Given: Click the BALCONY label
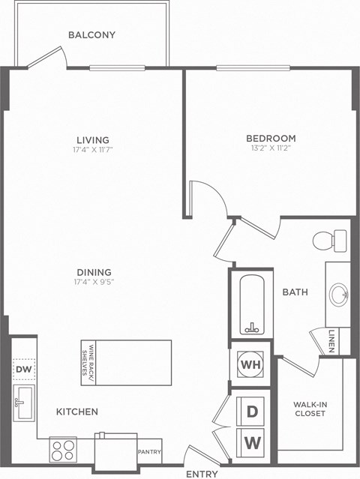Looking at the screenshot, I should click(91, 34).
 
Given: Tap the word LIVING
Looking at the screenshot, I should click(93, 139).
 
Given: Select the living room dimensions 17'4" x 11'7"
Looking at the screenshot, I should click(93, 150).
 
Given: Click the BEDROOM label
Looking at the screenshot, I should click(271, 138).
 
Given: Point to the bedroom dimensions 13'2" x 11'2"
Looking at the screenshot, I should click(271, 148).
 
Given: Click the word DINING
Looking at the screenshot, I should click(94, 272).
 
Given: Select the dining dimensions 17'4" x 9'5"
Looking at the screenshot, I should click(94, 283).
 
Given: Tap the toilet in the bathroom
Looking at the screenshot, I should click(328, 241).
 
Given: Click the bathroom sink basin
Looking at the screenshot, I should click(338, 292).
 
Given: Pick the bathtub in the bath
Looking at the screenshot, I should click(250, 305).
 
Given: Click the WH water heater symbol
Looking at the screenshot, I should click(250, 365).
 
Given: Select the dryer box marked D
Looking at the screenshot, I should click(253, 412).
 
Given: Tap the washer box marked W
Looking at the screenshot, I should click(253, 442).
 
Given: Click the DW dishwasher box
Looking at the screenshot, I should click(23, 370).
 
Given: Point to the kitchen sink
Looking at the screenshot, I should click(23, 403).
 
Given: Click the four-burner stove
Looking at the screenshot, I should click(62, 450).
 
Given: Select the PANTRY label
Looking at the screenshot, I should click(150, 452).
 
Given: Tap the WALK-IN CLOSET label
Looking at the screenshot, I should click(310, 409).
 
